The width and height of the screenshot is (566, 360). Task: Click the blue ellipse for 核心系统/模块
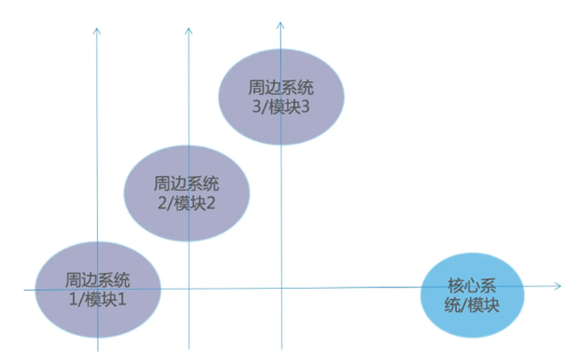[472, 295]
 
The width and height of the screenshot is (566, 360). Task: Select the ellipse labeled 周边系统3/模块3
[281, 97]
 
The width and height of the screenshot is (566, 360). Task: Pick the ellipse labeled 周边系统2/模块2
[187, 194]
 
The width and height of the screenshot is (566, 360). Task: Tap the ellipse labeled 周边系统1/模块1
[98, 290]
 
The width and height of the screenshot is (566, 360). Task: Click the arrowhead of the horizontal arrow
[558, 286]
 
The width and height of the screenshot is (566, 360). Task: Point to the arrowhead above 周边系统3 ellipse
[280, 25]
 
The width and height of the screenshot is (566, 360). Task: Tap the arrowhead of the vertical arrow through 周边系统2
[188, 31]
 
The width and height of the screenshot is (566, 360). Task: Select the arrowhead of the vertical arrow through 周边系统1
[96, 31]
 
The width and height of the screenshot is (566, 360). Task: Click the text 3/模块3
[280, 106]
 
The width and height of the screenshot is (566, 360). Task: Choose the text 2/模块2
[186, 204]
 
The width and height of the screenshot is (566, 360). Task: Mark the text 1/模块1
[97, 299]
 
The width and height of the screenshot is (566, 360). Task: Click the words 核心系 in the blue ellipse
[471, 286]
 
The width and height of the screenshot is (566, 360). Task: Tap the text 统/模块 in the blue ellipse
[471, 305]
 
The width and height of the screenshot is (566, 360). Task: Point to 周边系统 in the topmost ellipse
[280, 87]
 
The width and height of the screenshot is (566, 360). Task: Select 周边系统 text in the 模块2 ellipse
[186, 183]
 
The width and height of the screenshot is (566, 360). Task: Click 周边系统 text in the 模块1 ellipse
[97, 280]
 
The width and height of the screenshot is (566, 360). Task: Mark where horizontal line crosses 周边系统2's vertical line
[188, 289]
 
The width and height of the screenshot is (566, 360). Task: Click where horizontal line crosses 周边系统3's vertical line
[281, 288]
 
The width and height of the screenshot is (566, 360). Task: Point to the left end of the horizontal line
[24, 290]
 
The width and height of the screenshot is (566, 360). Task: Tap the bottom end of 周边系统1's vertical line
[98, 351]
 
